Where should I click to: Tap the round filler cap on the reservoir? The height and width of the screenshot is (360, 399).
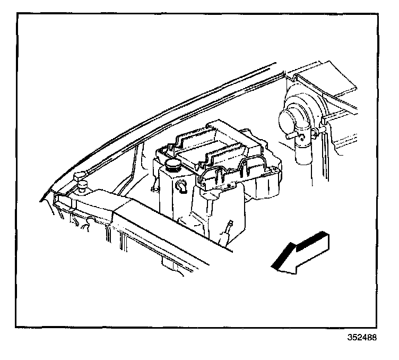[x=173, y=164]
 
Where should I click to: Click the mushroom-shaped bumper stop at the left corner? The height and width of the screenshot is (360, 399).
[x=81, y=178]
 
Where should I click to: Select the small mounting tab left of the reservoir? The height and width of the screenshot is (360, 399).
[x=154, y=187]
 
